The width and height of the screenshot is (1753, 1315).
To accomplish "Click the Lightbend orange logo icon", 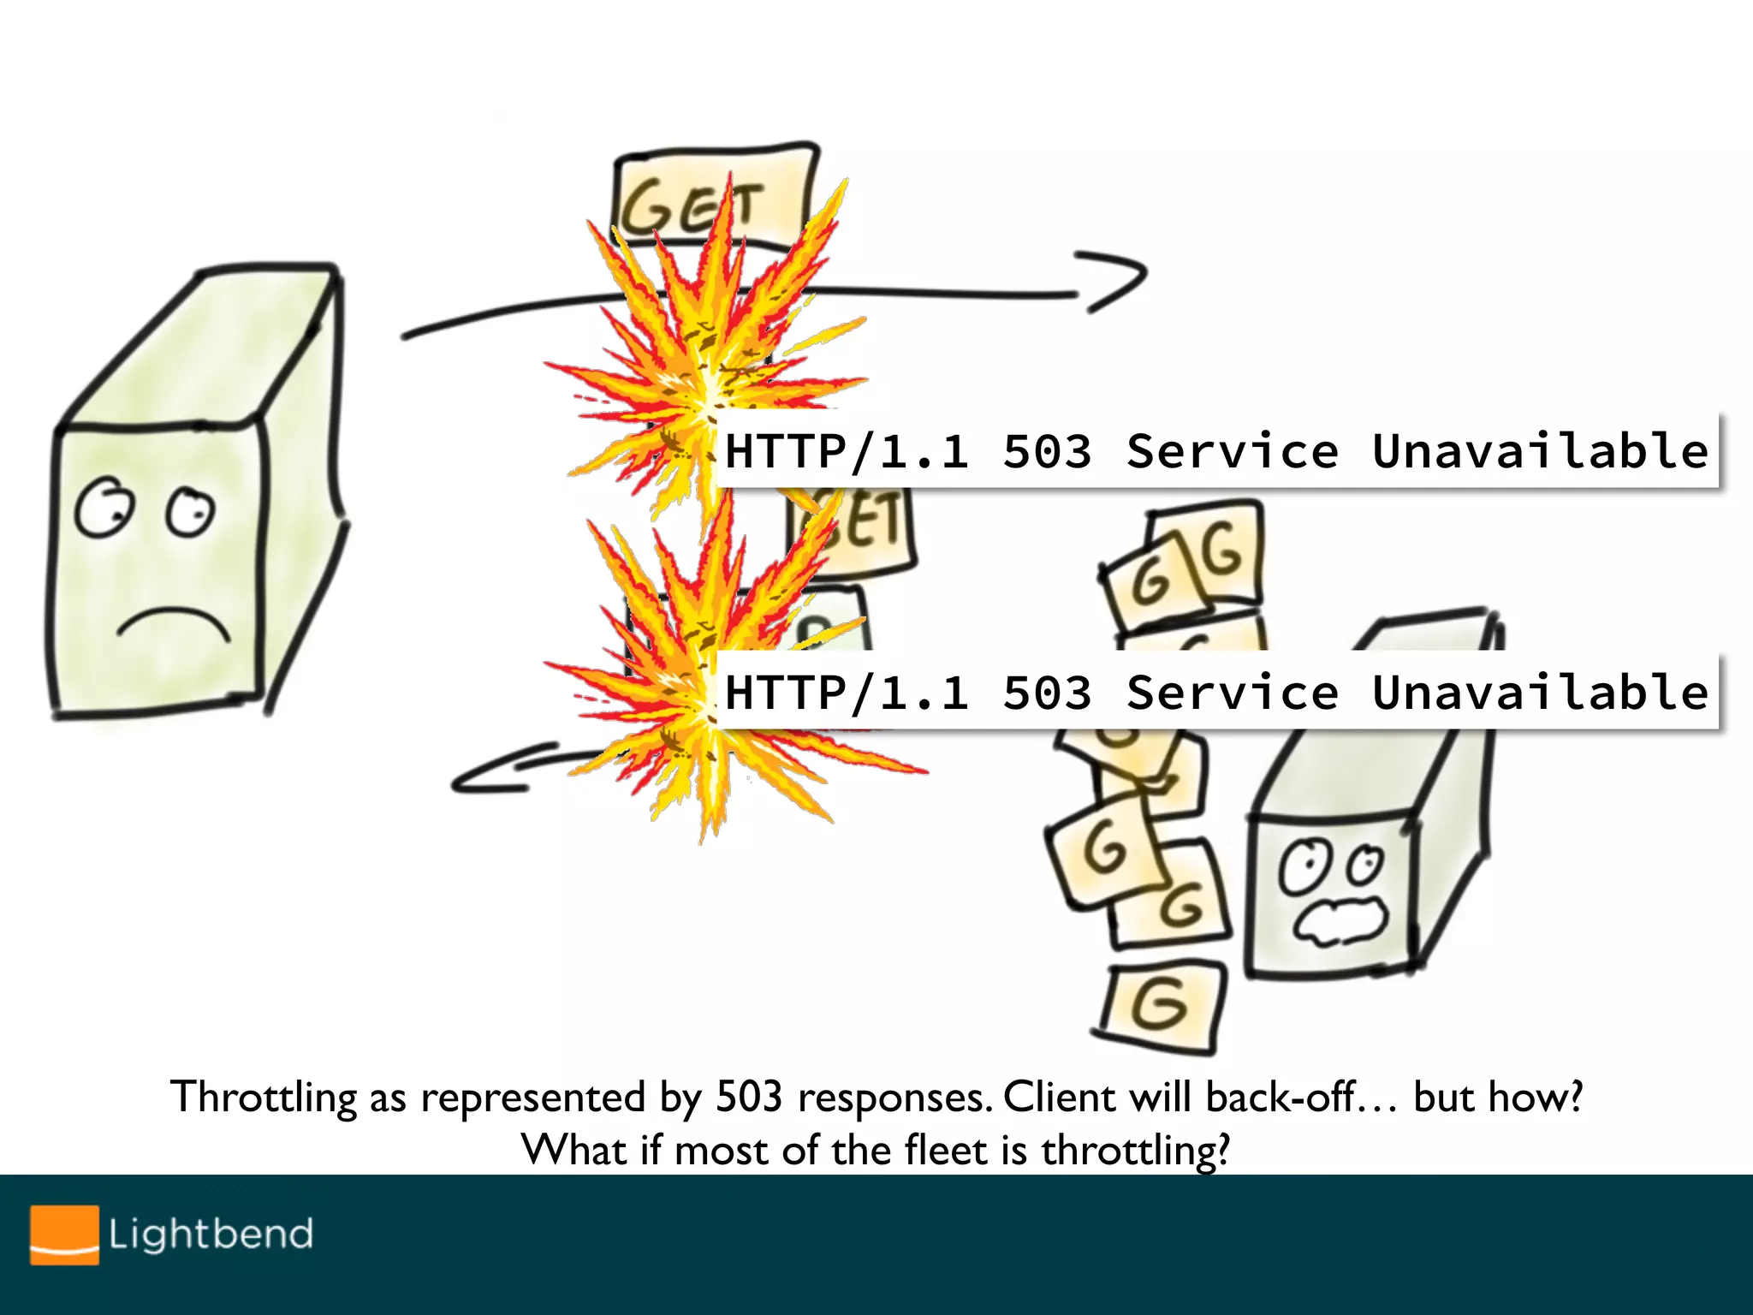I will click(x=64, y=1234).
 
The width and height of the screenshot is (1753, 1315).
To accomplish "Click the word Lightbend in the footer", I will click(x=211, y=1234).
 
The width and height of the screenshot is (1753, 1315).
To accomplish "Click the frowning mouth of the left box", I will click(x=174, y=624).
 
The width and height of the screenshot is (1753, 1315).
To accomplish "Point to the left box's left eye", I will click(x=104, y=508).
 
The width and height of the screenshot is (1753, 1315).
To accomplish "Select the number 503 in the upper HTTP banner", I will click(x=1047, y=451).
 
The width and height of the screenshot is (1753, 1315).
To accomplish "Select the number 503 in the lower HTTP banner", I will click(x=1047, y=692).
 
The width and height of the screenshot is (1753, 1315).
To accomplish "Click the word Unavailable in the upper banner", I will click(x=1539, y=451).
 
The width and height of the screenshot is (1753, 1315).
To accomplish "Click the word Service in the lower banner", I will click(x=1232, y=692).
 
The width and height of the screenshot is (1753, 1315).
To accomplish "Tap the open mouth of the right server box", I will click(x=1340, y=921).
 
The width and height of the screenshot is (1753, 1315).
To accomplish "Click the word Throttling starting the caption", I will click(x=264, y=1098).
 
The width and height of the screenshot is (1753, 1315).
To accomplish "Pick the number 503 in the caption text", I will click(x=749, y=1098).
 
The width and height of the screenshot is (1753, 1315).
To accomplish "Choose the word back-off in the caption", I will click(x=1281, y=1098).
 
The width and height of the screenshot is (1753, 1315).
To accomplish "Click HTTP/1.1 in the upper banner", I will click(x=846, y=451).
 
